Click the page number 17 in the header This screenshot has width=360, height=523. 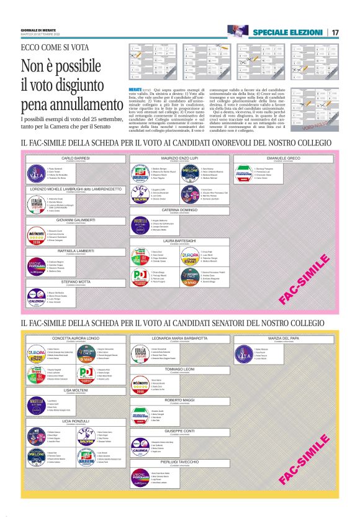click(335, 32)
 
